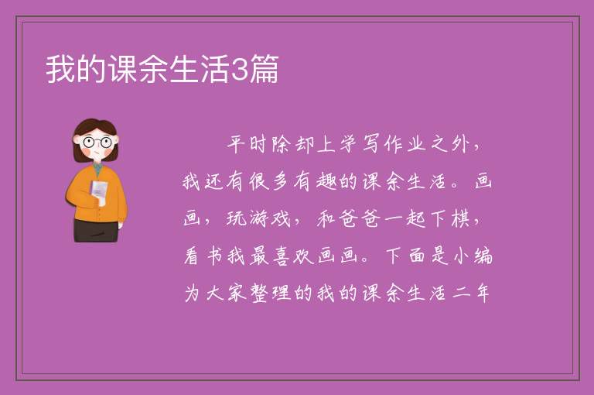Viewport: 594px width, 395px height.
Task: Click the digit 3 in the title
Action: [240, 70]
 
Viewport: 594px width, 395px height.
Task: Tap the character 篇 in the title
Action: [264, 69]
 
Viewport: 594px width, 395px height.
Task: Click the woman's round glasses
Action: [97, 143]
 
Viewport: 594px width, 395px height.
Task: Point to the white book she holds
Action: [99, 192]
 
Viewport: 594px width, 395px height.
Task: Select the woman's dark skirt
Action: [95, 230]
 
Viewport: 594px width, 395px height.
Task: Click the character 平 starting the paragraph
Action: [237, 145]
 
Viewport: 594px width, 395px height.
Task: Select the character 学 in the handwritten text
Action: [349, 145]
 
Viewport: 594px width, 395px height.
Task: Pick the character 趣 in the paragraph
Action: [326, 181]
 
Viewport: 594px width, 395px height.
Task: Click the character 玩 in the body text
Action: [237, 218]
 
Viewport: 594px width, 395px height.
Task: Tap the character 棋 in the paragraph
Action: [461, 218]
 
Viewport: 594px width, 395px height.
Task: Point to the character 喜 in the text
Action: [282, 256]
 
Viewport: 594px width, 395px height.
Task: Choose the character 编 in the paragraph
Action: [483, 256]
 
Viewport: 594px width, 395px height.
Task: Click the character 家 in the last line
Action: [237, 293]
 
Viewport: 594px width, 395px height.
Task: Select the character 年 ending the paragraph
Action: [483, 293]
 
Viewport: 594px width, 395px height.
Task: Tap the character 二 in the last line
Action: [461, 293]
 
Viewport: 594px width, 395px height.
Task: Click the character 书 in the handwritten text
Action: [215, 256]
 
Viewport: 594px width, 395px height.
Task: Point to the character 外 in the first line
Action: [461, 145]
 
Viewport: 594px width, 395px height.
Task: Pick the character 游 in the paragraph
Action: [260, 218]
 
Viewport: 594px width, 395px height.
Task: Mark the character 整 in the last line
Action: [260, 293]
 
